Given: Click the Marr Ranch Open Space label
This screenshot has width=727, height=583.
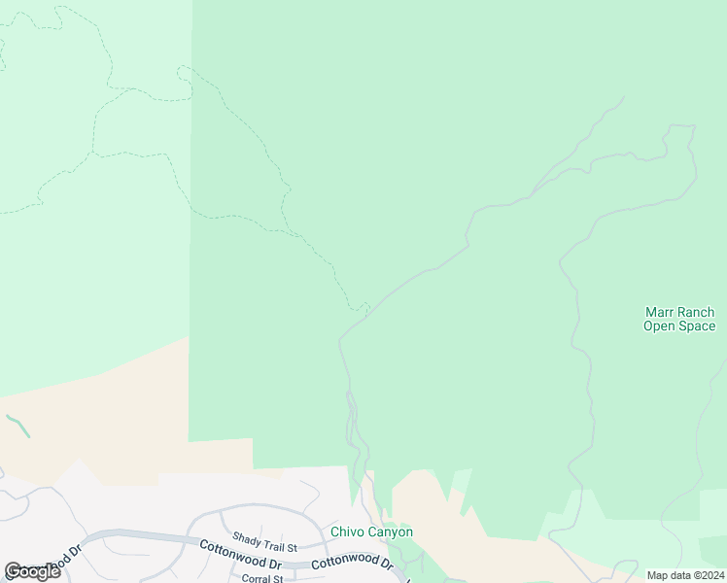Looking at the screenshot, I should pyautogui.click(x=679, y=320).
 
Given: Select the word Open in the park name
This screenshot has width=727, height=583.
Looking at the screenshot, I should pyautogui.click(x=660, y=326).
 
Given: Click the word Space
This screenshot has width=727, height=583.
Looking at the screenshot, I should pyautogui.click(x=697, y=326).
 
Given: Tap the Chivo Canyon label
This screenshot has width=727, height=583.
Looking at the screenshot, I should pyautogui.click(x=372, y=532).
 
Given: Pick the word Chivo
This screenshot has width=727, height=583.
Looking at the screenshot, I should pyautogui.click(x=348, y=532).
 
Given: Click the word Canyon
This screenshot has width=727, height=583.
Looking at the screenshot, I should pyautogui.click(x=391, y=532).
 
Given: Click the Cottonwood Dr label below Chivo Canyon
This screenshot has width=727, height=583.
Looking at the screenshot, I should pyautogui.click(x=352, y=564).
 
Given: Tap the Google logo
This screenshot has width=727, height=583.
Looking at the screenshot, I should pyautogui.click(x=32, y=571).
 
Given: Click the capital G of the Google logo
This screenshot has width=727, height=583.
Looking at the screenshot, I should pyautogui.click(x=13, y=571).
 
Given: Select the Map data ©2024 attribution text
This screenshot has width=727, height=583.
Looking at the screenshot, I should pyautogui.click(x=685, y=575).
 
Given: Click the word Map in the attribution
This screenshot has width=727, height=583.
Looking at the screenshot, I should pyautogui.click(x=659, y=575).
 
